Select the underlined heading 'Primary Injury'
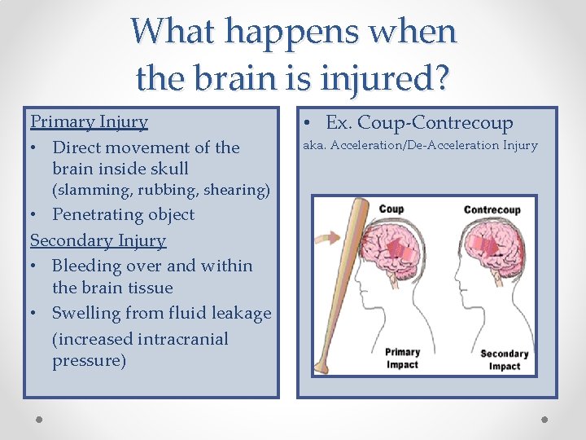(90, 122)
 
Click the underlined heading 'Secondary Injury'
(98, 240)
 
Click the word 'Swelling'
(85, 314)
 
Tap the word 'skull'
(168, 169)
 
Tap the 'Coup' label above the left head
(391, 209)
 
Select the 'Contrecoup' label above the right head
(492, 209)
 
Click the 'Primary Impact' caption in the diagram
(402, 359)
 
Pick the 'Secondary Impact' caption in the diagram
(504, 359)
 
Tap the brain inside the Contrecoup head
(490, 244)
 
